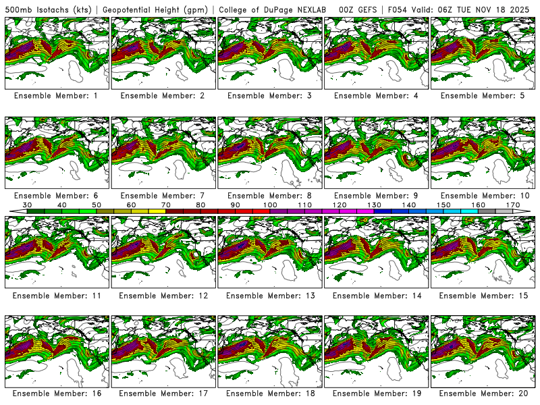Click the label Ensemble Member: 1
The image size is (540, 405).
click(x=56, y=96)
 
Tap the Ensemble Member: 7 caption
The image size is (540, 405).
click(x=163, y=196)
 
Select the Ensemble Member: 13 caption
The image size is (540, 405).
click(x=269, y=296)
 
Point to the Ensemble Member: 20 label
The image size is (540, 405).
click(x=483, y=394)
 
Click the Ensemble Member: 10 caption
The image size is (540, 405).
click(x=483, y=196)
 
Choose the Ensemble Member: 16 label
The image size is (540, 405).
click(x=56, y=394)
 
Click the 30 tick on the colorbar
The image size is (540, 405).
click(x=28, y=205)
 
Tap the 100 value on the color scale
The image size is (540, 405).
click(x=270, y=205)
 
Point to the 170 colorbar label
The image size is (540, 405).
click(x=512, y=205)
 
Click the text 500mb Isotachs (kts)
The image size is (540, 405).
click(x=49, y=9)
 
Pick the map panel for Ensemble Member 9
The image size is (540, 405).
click(x=376, y=153)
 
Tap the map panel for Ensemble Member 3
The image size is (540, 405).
click(x=269, y=53)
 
